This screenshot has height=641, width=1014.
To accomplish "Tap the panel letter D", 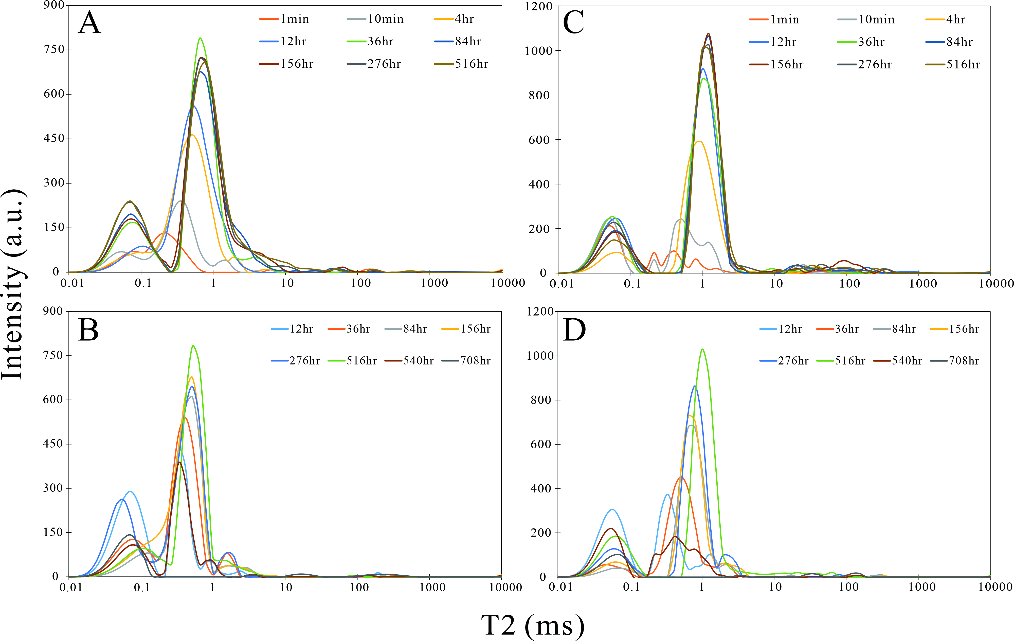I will (x=574, y=330).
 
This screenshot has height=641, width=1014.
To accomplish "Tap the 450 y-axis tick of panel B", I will (x=53, y=444).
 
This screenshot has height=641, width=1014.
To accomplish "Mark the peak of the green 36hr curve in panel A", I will (x=201, y=38).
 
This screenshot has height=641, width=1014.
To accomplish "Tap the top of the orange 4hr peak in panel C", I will (x=699, y=141).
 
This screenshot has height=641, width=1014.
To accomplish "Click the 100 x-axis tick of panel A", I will (x=360, y=283).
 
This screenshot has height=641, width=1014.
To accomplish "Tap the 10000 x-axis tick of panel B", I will (x=505, y=587).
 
